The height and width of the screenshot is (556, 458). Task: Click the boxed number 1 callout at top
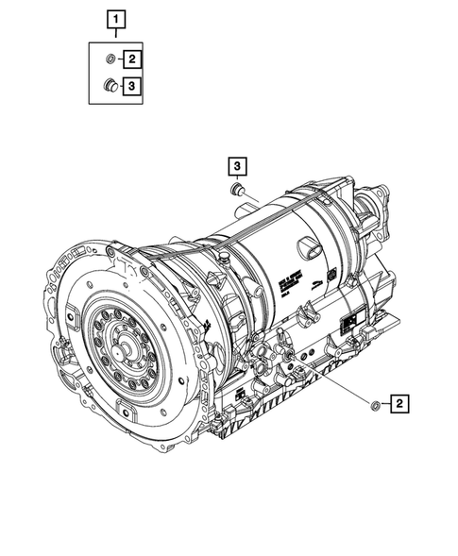click(x=115, y=18)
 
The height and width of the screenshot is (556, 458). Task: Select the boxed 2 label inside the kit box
click(x=133, y=59)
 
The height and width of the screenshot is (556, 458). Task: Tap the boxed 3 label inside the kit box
click(x=133, y=87)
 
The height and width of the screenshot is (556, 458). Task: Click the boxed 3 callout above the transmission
click(x=237, y=167)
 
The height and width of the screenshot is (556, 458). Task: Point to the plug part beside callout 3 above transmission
click(x=237, y=192)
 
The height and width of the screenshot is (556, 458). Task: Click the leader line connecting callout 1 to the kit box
click(x=115, y=34)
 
